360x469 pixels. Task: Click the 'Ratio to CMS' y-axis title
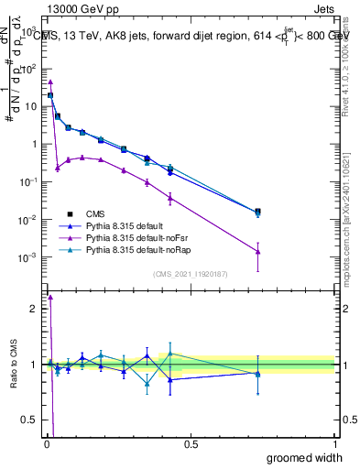(x=13, y=364)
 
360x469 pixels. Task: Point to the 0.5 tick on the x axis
(x=191, y=443)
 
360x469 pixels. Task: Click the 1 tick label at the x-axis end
(x=335, y=443)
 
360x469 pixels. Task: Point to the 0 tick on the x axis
(x=47, y=443)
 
